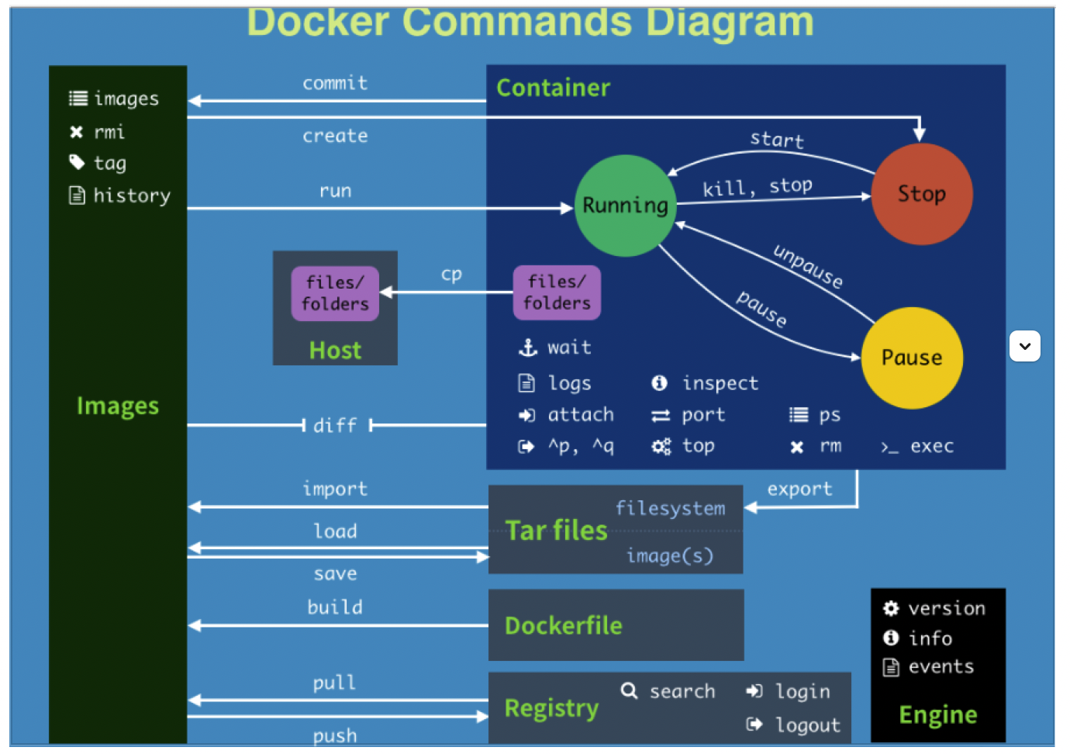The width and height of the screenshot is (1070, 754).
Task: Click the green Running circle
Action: pyautogui.click(x=625, y=206)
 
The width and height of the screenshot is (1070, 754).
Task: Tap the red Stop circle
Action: pyautogui.click(x=921, y=194)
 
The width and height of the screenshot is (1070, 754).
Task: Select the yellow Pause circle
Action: pyautogui.click(x=912, y=358)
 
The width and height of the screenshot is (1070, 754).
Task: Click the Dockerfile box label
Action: pyautogui.click(x=563, y=626)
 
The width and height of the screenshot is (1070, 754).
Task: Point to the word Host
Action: pyautogui.click(x=335, y=351)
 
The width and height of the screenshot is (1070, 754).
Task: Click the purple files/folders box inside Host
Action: pyautogui.click(x=335, y=293)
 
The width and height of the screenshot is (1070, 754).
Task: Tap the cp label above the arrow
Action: pyautogui.click(x=451, y=275)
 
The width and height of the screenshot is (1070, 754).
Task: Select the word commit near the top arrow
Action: pyautogui.click(x=335, y=83)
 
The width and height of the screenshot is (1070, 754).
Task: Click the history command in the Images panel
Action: pyautogui.click(x=131, y=195)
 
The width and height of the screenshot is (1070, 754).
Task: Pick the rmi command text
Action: pyautogui.click(x=109, y=132)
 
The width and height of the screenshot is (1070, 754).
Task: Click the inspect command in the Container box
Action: pyautogui.click(x=720, y=383)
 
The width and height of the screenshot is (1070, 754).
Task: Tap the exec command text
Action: pyautogui.click(x=931, y=446)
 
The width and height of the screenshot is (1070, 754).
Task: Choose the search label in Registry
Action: pyautogui.click(x=682, y=691)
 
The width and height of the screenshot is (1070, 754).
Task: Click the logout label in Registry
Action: pyautogui.click(x=807, y=725)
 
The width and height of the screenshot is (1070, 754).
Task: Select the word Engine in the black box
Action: pyautogui.click(x=937, y=714)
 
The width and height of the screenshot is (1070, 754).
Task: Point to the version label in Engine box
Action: pyautogui.click(x=946, y=608)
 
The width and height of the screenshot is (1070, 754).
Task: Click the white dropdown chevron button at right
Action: pyautogui.click(x=1024, y=346)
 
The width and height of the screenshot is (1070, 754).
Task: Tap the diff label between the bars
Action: pyautogui.click(x=335, y=425)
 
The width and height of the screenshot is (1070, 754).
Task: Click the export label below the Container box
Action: pyautogui.click(x=799, y=489)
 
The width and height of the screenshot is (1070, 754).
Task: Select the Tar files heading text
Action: pyautogui.click(x=556, y=531)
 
